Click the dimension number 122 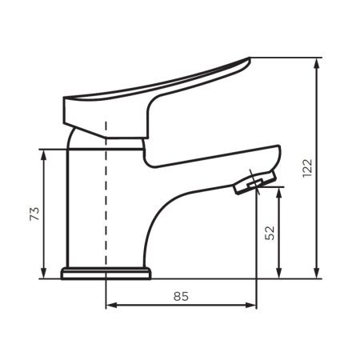pos(307,168)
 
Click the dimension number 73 pos(34,214)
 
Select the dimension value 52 pos(270,233)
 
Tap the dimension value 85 pos(181,296)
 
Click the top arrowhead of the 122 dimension pos(317,64)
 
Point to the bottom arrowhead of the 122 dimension pos(317,273)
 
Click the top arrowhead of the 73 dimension pos(44,155)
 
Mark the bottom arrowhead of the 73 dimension pos(44,273)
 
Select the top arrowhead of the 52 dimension pos(278,193)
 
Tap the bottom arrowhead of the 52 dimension pos(278,273)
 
